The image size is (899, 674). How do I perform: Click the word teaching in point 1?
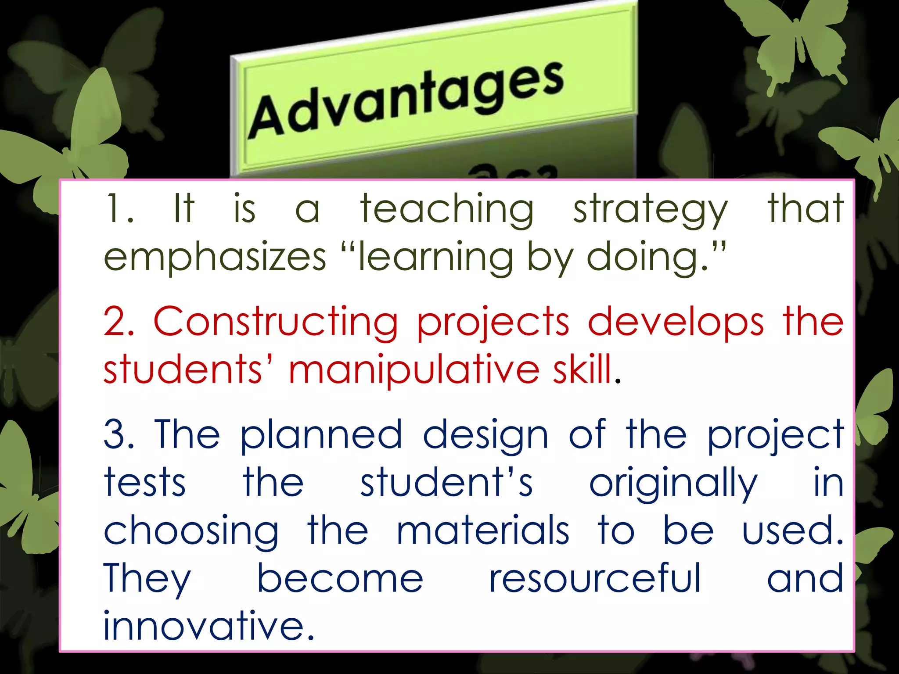click(447, 209)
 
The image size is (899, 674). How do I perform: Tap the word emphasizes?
click(215, 258)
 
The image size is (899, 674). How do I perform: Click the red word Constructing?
click(275, 323)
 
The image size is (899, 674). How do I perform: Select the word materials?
click(483, 531)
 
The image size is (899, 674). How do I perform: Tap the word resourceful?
click(595, 579)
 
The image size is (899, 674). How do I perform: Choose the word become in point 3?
click(340, 579)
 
